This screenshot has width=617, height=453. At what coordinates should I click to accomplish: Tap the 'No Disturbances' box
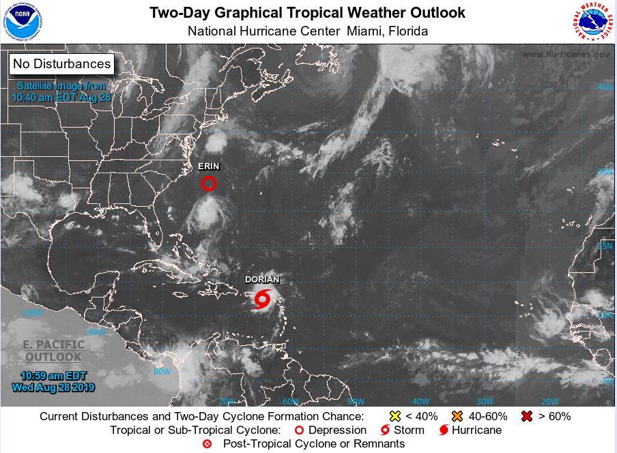coord(61,64)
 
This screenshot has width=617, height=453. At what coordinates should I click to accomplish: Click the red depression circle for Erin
coord(209,183)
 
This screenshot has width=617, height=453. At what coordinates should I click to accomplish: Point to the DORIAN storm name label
coord(262,280)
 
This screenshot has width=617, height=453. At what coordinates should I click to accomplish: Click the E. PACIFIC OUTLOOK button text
coord(53,351)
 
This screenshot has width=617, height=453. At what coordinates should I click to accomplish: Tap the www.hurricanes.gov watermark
coord(566,54)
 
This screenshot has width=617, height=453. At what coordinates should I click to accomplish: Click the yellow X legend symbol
coord(394,416)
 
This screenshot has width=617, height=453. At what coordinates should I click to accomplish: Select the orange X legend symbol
coord(457,416)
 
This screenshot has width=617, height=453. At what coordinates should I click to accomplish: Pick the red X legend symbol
coord(526,416)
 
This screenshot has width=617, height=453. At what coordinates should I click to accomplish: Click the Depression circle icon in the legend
coord(298,430)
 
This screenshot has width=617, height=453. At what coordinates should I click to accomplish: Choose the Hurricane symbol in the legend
coord(444,430)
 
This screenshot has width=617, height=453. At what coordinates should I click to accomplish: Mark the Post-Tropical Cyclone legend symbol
coord(207,444)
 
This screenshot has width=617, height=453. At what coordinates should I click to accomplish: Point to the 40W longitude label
coord(420,401)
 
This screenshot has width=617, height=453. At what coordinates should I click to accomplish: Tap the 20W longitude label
coord(549,401)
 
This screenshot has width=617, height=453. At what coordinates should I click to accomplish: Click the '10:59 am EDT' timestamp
coord(53,376)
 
